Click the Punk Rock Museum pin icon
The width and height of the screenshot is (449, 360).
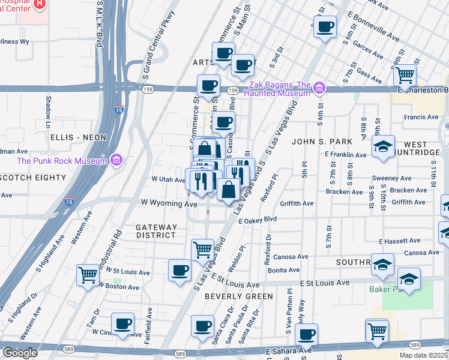(116, 160)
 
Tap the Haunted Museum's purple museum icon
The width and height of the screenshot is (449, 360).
(320, 89)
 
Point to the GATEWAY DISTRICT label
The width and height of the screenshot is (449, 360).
(156, 232)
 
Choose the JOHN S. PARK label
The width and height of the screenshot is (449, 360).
(316, 142)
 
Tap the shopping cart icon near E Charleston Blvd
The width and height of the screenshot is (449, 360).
(405, 75)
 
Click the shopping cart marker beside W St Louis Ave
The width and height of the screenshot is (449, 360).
(88, 274)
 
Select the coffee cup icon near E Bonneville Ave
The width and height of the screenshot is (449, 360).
(325, 26)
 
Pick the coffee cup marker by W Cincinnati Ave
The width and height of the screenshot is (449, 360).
(123, 323)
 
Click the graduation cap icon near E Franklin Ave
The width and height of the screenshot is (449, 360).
(383, 146)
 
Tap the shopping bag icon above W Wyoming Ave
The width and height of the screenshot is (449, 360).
(229, 190)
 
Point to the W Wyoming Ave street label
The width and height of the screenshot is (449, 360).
(169, 203)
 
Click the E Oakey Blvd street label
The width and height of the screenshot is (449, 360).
(257, 221)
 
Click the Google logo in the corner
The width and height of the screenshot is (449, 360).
(20, 353)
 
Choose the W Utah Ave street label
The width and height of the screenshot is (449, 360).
(168, 179)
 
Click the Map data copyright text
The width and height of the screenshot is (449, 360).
(423, 355)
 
